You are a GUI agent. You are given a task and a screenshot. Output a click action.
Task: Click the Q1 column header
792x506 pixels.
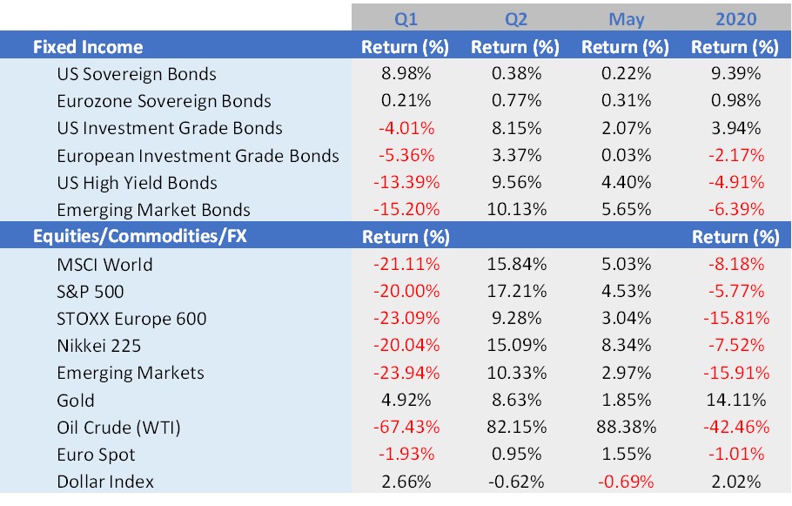405,18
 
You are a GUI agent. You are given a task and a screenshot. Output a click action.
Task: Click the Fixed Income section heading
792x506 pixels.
87,47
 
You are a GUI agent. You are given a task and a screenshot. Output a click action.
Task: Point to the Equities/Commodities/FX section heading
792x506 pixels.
139,236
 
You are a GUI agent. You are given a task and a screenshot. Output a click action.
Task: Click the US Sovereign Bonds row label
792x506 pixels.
137,74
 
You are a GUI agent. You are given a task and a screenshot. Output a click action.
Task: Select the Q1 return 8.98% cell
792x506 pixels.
405,74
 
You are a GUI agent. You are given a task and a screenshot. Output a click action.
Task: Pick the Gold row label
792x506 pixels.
76,401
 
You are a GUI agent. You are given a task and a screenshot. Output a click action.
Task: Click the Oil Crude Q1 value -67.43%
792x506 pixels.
405,428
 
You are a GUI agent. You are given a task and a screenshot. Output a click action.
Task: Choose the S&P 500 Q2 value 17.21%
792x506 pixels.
514,292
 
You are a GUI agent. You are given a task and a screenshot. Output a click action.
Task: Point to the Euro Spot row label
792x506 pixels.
96,455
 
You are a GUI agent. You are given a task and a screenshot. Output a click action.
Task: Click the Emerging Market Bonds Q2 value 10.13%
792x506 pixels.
514,210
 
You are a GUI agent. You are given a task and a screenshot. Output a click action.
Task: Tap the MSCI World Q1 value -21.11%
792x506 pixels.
405,264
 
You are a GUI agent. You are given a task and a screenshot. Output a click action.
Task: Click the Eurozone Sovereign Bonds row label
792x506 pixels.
164,101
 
